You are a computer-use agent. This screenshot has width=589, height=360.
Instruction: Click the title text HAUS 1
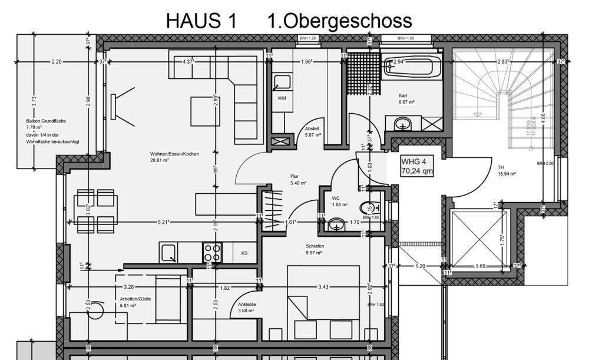(201, 21)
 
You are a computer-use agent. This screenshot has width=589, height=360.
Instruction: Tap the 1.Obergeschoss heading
(339, 21)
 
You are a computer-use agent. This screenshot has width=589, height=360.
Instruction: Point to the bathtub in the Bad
(413, 66)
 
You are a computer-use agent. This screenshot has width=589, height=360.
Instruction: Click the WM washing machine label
(282, 98)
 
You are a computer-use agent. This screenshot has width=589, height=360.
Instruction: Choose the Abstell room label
(312, 128)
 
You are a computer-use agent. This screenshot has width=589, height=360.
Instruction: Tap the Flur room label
(295, 176)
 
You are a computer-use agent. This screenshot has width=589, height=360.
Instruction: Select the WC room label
(336, 198)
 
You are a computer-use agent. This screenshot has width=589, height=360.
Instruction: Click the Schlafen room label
(315, 246)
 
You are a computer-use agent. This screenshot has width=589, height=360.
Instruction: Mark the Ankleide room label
(246, 304)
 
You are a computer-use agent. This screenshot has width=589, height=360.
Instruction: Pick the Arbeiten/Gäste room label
(135, 299)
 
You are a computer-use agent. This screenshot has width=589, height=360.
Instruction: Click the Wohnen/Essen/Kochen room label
(174, 154)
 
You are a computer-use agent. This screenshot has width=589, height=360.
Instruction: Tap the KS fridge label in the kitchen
(244, 253)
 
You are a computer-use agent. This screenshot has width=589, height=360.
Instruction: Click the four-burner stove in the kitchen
(211, 253)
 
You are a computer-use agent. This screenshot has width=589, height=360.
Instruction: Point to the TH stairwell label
(501, 167)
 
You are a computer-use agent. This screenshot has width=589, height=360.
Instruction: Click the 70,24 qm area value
(418, 171)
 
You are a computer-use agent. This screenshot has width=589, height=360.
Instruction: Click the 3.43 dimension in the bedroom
(323, 287)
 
